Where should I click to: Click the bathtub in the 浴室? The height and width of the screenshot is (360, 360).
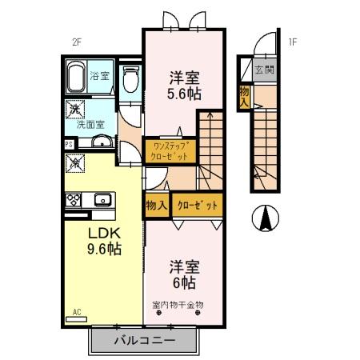[78, 80]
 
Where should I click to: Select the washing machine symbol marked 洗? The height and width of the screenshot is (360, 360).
[74, 109]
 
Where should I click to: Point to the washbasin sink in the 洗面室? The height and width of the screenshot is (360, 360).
[101, 143]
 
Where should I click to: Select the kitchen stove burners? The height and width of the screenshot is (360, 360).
[74, 199]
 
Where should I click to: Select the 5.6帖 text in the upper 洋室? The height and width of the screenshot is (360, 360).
[184, 94]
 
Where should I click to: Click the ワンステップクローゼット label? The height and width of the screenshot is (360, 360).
[168, 150]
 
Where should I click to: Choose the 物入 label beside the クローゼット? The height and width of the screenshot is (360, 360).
[156, 206]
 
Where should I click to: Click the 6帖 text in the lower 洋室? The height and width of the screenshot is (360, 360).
[183, 282]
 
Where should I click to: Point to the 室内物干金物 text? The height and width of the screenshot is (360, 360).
[178, 305]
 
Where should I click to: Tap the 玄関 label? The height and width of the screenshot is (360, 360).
[264, 70]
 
